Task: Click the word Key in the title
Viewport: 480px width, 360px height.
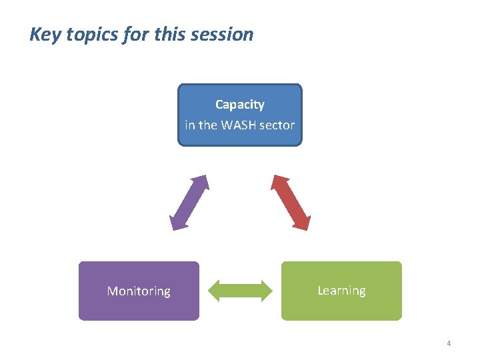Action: click(44, 35)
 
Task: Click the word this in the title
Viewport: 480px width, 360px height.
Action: click(169, 35)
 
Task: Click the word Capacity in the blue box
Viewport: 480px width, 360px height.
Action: click(239, 105)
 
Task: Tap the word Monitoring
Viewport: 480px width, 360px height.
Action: click(139, 291)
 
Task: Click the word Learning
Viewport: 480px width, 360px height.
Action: click(341, 291)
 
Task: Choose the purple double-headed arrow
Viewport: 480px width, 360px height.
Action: click(189, 203)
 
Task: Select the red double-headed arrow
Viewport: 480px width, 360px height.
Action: click(291, 203)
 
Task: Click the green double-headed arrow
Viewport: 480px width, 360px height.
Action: click(241, 291)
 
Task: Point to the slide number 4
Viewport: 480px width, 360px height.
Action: click(449, 343)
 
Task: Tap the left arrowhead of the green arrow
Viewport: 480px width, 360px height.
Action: click(215, 291)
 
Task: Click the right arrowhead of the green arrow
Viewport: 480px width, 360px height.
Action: click(266, 291)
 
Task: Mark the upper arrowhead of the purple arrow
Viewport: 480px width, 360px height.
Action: click(201, 182)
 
